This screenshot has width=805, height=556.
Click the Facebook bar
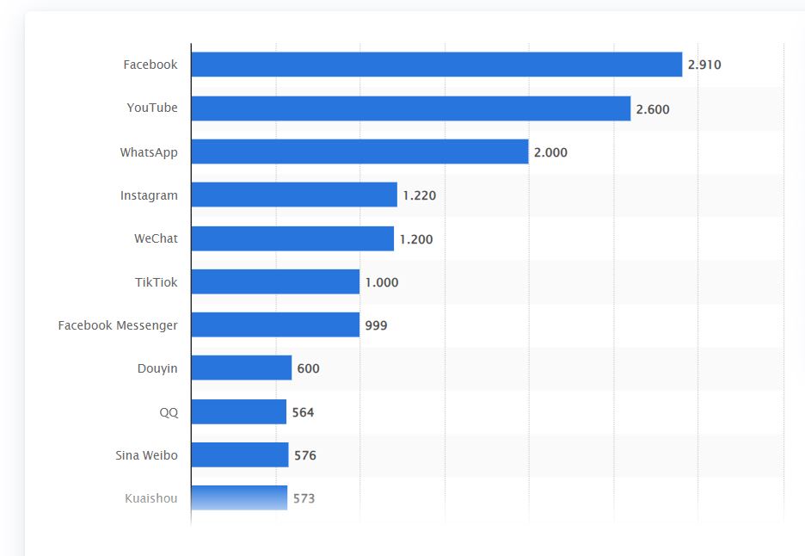click(x=436, y=65)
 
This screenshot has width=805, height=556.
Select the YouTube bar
click(x=410, y=108)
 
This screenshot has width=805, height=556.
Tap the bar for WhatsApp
click(x=359, y=151)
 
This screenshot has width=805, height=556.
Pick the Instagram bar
click(x=294, y=195)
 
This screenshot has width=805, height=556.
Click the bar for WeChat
click(x=292, y=238)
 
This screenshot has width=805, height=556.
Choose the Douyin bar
click(x=242, y=368)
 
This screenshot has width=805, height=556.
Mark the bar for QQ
click(x=238, y=412)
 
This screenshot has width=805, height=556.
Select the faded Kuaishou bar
click(x=239, y=498)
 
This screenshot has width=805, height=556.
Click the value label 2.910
click(x=704, y=65)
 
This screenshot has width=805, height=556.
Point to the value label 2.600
click(x=653, y=109)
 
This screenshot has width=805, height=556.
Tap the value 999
click(x=376, y=325)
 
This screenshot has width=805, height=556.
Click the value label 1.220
click(x=420, y=195)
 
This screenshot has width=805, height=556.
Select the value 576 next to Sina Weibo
click(x=305, y=455)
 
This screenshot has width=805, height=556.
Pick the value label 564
click(x=303, y=412)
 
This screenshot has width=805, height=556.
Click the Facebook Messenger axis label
click(x=118, y=325)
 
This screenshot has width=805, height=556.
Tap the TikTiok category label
click(x=156, y=282)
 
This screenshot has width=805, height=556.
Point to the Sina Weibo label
click(x=146, y=455)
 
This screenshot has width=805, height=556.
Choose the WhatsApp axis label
click(x=149, y=152)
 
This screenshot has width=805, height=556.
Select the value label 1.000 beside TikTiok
click(x=382, y=282)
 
